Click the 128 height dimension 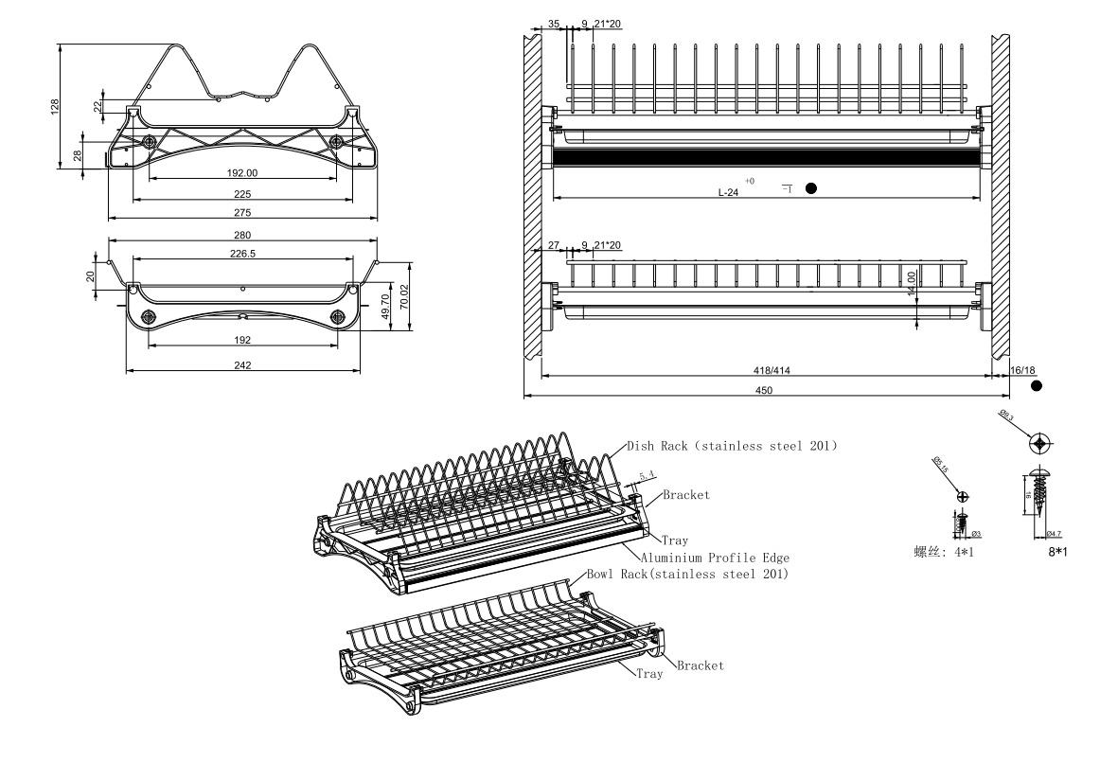tap(54, 105)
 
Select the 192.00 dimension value tap(242, 173)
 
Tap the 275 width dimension tap(242, 212)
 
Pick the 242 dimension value tap(242, 365)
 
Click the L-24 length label tap(728, 192)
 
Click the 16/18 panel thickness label tap(1024, 371)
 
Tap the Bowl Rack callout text tap(688, 575)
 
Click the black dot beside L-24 tap(811, 188)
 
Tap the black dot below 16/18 tap(1037, 386)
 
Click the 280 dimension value tap(242, 235)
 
